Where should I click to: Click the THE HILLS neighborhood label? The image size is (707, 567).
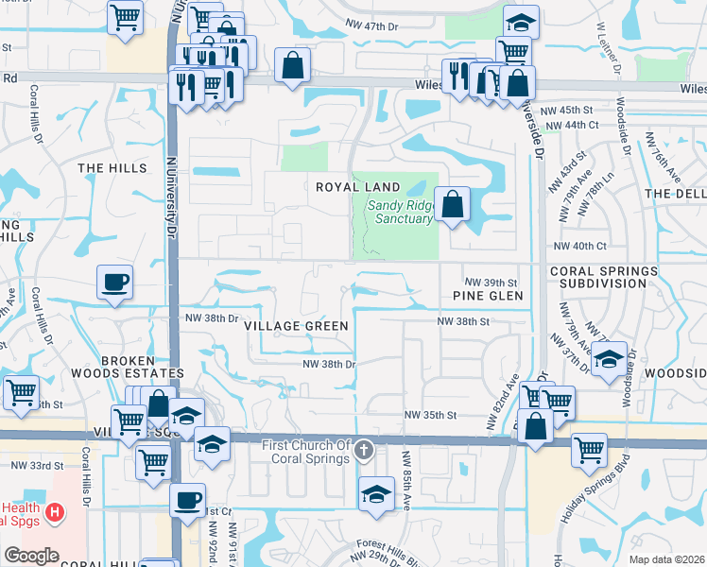[112, 168]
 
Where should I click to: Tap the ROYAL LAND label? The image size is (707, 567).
[357, 187]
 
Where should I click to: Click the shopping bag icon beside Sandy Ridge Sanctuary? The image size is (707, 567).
[453, 204]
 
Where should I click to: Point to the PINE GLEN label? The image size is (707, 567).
[487, 296]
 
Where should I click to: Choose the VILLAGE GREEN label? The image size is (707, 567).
[296, 325]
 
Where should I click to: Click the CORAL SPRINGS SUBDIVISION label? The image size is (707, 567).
[603, 277]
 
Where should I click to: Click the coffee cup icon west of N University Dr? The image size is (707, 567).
[114, 282]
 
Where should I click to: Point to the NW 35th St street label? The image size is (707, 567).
[430, 415]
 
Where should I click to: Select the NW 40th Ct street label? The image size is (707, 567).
[579, 246]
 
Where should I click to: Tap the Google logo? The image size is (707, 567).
[31, 556]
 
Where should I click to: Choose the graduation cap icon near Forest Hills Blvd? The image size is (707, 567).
[376, 494]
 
